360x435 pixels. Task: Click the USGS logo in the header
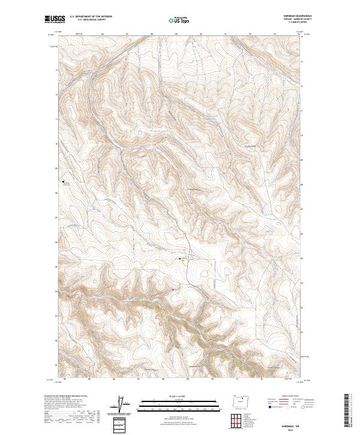coord(55,19)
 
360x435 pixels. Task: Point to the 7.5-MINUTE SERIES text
coord(289,23)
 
